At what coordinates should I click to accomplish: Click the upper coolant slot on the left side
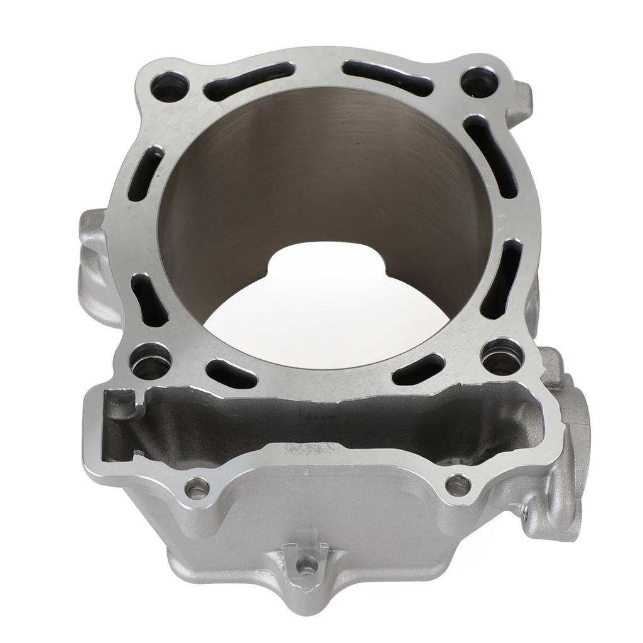[146, 173]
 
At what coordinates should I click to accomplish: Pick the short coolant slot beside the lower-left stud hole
[230, 373]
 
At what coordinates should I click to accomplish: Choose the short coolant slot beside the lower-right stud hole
[418, 369]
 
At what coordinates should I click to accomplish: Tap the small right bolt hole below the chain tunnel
[458, 484]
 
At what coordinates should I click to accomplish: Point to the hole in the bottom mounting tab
[306, 566]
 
